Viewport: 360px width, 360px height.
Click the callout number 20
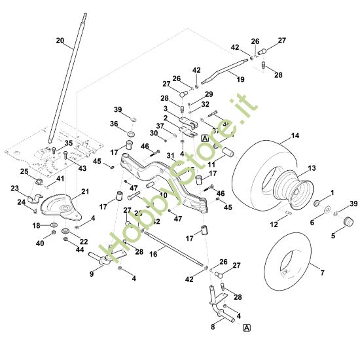[60, 41]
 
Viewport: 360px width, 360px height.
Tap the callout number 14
[295, 135]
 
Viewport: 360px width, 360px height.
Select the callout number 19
[240, 79]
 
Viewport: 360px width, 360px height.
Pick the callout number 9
[92, 274]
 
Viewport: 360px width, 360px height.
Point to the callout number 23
[15, 188]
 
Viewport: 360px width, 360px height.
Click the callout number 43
[82, 168]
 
